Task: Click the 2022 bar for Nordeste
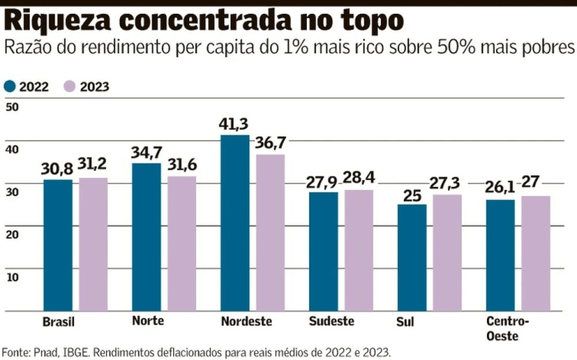(235, 223)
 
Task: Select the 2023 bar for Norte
(182, 244)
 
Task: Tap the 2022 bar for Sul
(412, 258)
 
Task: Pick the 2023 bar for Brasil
(93, 244)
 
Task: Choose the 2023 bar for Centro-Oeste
(535, 253)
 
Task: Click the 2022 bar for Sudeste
(323, 252)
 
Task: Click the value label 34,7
(147, 151)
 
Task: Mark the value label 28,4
(359, 178)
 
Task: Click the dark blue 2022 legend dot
(10, 86)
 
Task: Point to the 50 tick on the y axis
(12, 108)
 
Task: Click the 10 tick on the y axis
(12, 276)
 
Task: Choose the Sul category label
(405, 322)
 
